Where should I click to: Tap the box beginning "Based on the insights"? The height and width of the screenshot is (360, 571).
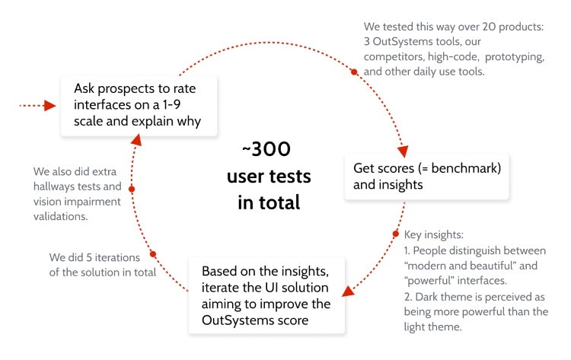pos(266,295)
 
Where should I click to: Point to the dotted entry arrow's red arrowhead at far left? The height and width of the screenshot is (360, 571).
pos(51,105)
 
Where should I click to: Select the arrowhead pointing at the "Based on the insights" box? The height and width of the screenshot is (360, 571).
pos(347,290)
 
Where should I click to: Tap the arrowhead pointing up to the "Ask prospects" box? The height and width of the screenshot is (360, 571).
pos(136,139)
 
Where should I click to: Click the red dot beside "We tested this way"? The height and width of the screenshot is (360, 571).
pos(354,72)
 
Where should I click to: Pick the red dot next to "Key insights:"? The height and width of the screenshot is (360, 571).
pos(395,234)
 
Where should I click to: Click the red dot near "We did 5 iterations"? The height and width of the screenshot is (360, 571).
pos(153,254)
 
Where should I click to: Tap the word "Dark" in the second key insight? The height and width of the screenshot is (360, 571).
pos(427,296)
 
